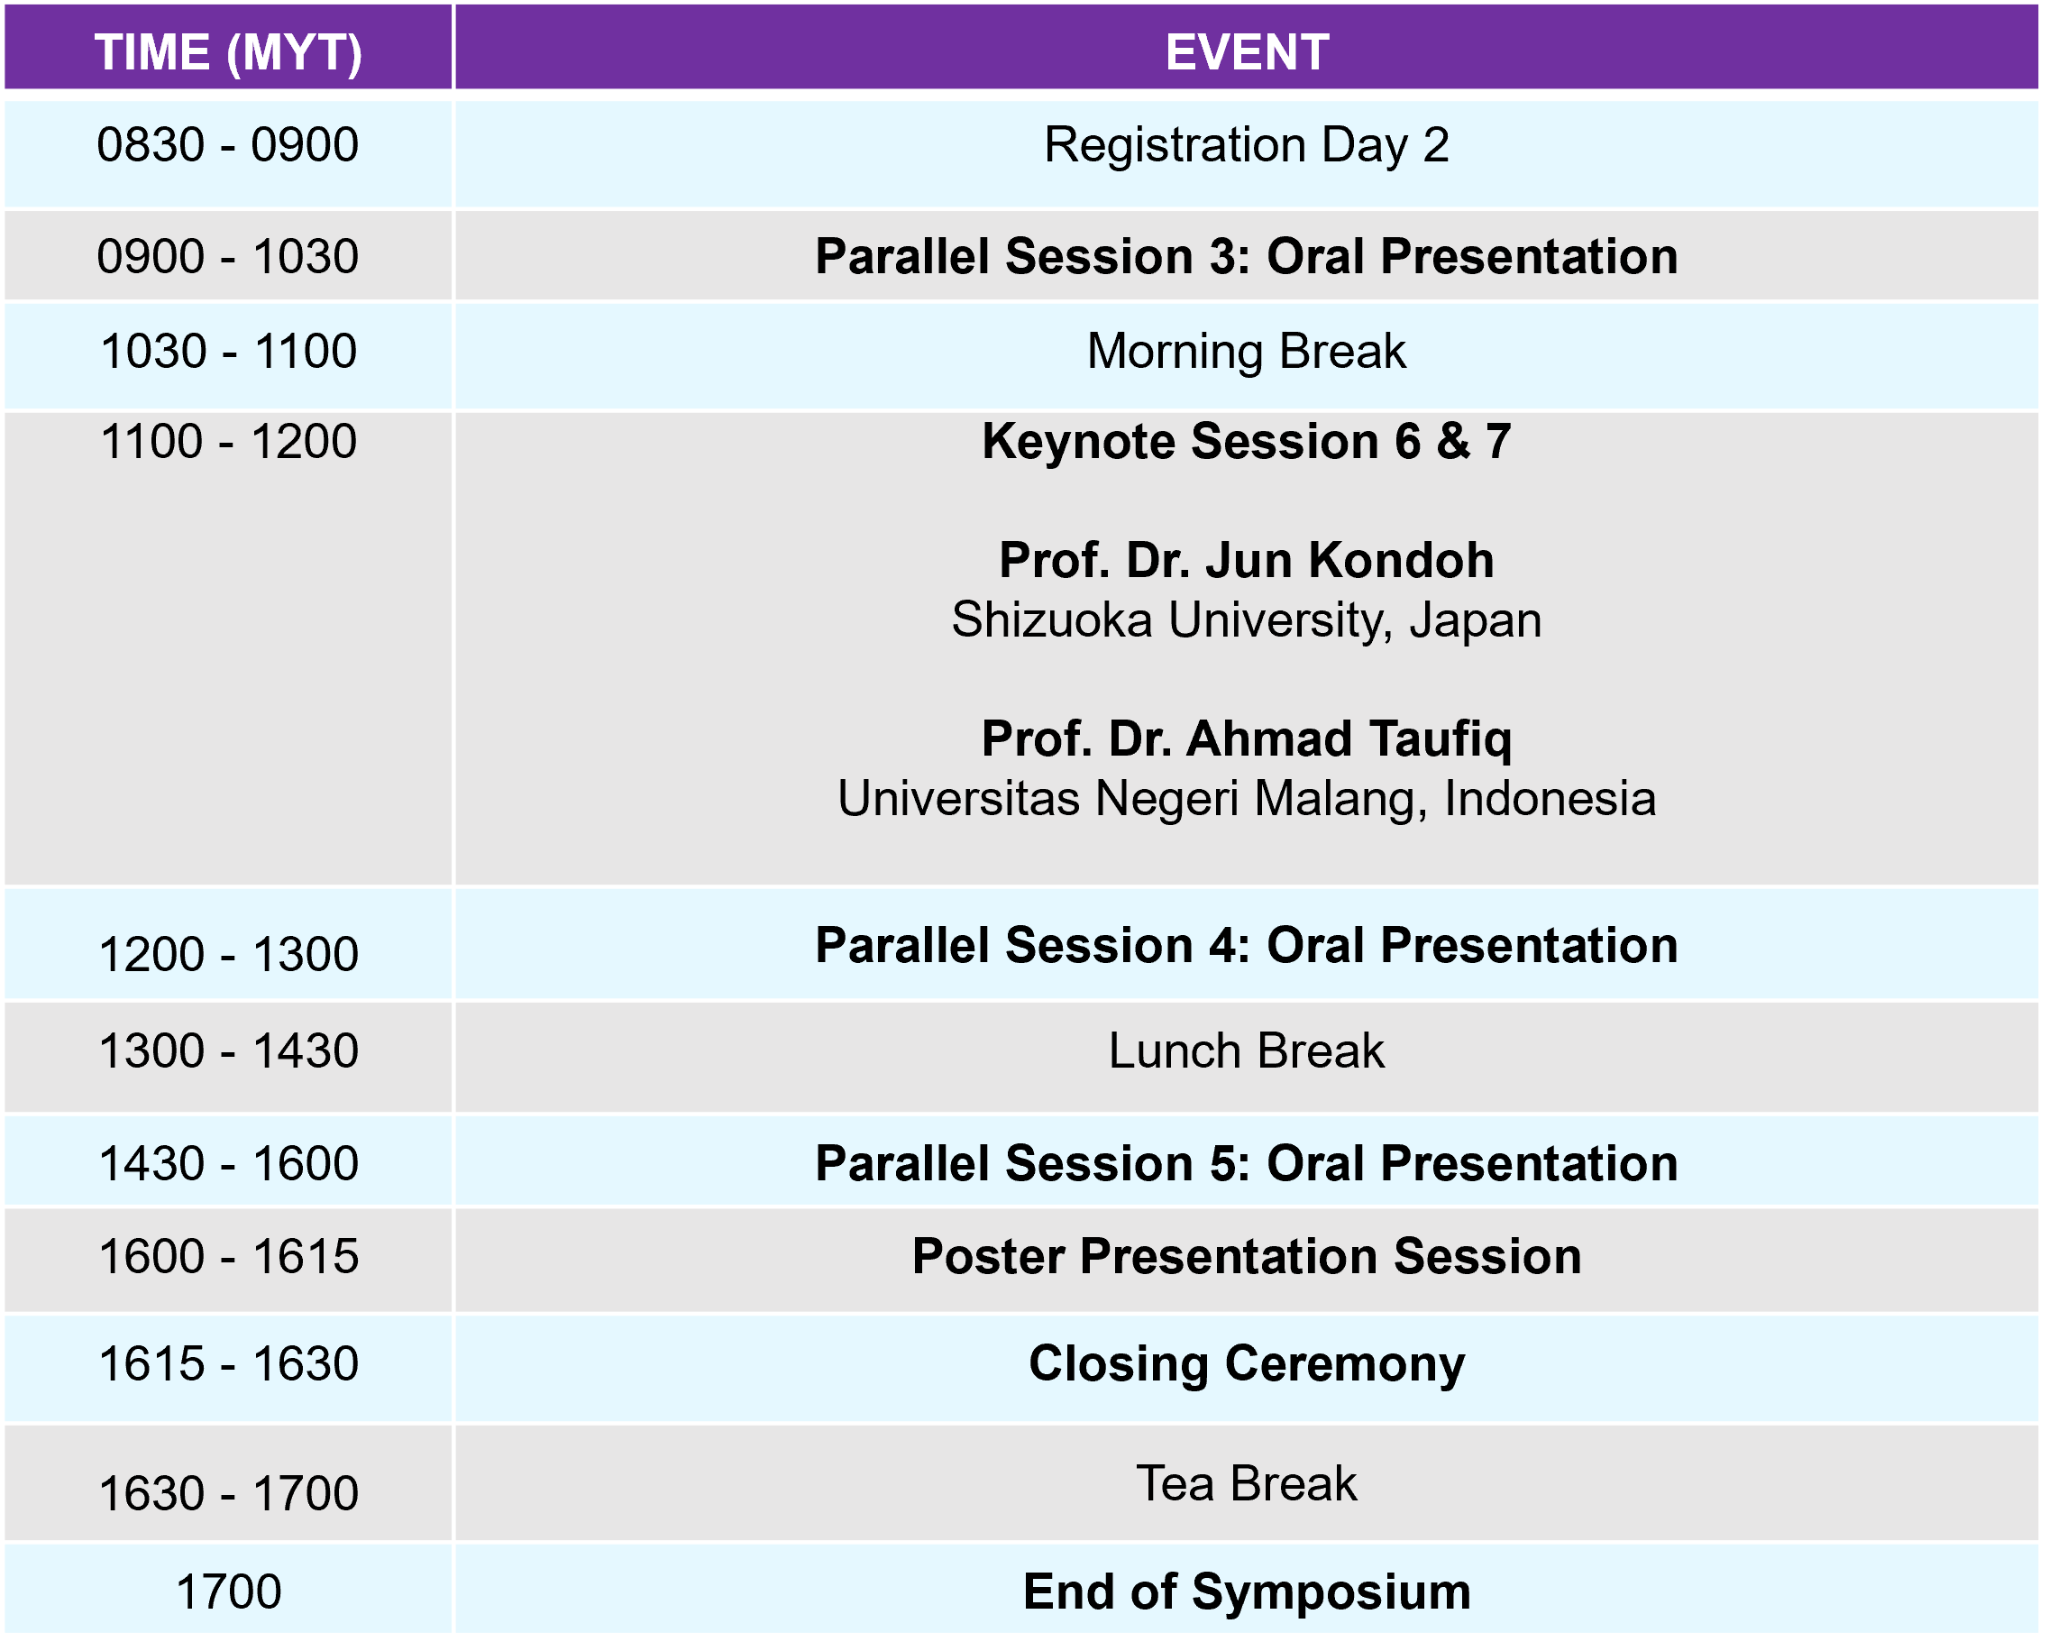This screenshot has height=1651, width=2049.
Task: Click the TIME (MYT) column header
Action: click(x=228, y=52)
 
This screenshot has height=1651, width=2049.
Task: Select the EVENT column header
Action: click(x=1248, y=52)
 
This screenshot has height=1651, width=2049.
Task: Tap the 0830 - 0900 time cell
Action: click(x=228, y=145)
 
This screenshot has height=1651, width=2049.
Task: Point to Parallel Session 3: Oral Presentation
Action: click(x=1247, y=257)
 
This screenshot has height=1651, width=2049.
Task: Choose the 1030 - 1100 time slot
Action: click(x=228, y=352)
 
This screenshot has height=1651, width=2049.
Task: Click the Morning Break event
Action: click(x=1247, y=352)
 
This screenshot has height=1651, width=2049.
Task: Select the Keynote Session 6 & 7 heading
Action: click(x=1247, y=442)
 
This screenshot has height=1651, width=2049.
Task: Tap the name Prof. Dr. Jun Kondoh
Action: click(x=1247, y=560)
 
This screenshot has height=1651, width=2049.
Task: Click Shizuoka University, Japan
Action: click(x=1247, y=621)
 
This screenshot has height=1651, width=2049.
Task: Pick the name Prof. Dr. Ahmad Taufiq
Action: click(x=1247, y=739)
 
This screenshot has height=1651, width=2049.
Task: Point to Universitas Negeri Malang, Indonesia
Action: click(x=1247, y=799)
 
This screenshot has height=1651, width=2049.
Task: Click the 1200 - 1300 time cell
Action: click(x=228, y=955)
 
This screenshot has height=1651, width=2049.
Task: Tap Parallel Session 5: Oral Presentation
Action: click(x=1247, y=1164)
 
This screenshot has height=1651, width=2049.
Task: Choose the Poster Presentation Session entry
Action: click(x=1247, y=1257)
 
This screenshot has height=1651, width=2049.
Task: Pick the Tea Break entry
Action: click(x=1247, y=1484)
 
